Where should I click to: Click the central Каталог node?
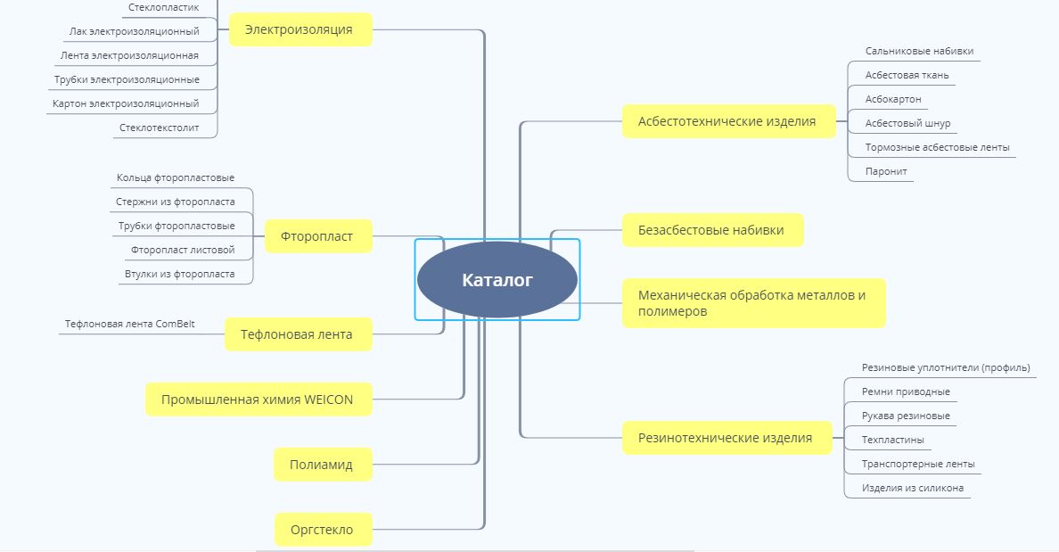pyautogui.click(x=497, y=280)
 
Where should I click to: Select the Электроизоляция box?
pyautogui.click(x=300, y=29)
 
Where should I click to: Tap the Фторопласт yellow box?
pyautogui.click(x=317, y=236)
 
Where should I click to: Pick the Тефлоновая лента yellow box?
pyautogui.click(x=297, y=334)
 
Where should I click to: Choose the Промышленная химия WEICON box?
pyautogui.click(x=258, y=400)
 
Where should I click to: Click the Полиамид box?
pyautogui.click(x=321, y=465)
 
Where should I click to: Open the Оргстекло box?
pyautogui.click(x=322, y=530)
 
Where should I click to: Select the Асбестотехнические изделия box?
pyautogui.click(x=727, y=121)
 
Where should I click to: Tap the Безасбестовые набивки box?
pyautogui.click(x=711, y=230)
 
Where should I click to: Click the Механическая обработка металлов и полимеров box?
pyautogui.click(x=752, y=303)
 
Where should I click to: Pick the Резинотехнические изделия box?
pyautogui.click(x=726, y=438)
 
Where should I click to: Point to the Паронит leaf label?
pyautogui.click(x=881, y=171)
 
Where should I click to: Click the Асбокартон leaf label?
pyautogui.click(x=893, y=99)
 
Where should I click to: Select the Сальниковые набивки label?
pyautogui.click(x=919, y=51)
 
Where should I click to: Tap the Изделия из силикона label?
pyautogui.click(x=912, y=488)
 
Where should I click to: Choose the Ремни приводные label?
pyautogui.click(x=906, y=391)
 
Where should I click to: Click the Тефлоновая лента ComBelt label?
pyautogui.click(x=130, y=324)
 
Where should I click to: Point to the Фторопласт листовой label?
pyautogui.click(x=183, y=250)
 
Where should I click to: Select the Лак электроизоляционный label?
pyautogui.click(x=135, y=31)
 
